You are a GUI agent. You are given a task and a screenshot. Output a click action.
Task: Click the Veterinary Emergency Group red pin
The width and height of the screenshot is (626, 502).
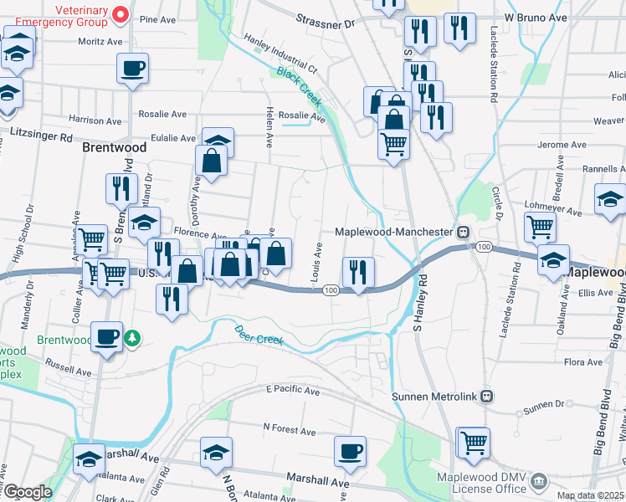120,13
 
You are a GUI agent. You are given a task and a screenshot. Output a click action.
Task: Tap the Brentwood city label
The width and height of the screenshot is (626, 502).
115,146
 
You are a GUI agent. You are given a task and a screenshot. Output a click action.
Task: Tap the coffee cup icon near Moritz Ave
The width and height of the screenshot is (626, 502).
132,69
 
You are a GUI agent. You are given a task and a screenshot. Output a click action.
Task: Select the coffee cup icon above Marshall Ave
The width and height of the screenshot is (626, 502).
350,452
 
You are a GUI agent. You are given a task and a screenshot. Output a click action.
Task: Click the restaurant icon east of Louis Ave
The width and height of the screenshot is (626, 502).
357,271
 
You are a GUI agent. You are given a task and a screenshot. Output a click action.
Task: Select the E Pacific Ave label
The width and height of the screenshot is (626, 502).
292,391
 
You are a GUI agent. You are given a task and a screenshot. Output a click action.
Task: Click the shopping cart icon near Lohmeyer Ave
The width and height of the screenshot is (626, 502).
540,226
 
